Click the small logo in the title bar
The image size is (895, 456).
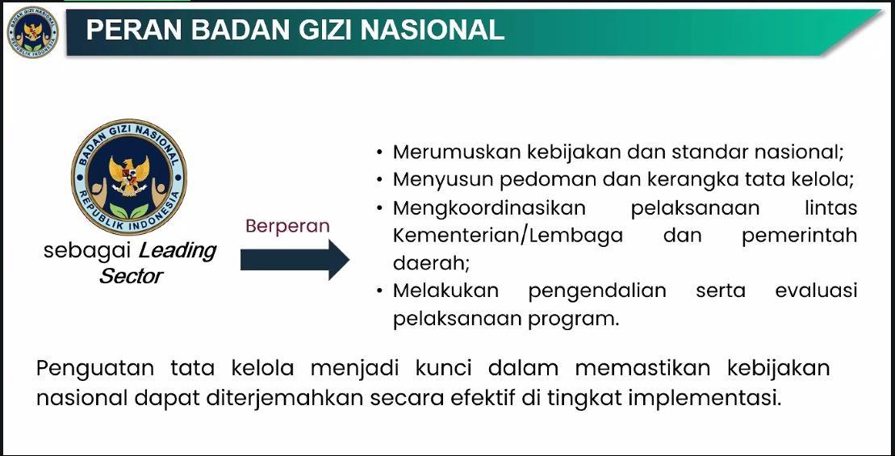[32, 32]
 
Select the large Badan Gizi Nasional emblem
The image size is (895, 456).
[129, 178]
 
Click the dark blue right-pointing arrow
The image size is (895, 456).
[295, 260]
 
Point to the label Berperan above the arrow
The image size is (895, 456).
[287, 226]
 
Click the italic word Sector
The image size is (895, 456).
[131, 276]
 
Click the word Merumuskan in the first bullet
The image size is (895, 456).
[457, 152]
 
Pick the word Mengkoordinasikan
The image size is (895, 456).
[489, 207]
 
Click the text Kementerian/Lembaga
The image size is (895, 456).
[508, 236]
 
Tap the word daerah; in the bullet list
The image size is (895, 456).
[431, 263]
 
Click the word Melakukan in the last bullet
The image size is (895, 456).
[445, 291]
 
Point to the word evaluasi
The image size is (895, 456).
[816, 291]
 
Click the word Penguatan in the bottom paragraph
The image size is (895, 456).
[94, 368]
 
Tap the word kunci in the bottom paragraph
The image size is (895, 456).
[443, 368]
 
